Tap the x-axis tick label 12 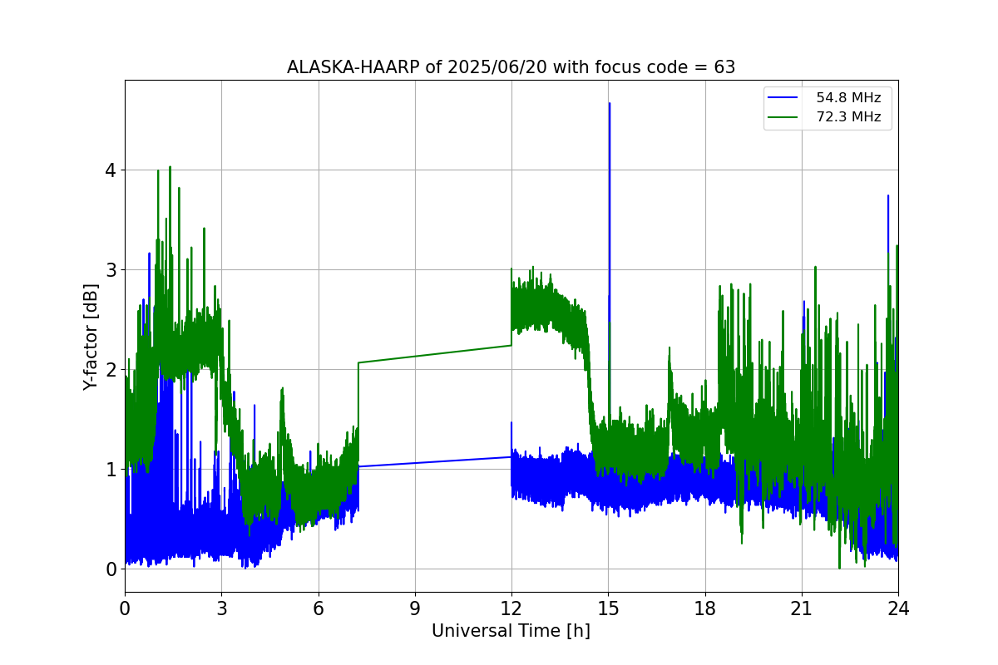(511, 608)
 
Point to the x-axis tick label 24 (898, 608)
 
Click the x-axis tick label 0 (125, 608)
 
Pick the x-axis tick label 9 (415, 608)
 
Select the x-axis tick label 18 (705, 608)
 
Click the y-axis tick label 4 (110, 170)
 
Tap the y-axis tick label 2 (110, 370)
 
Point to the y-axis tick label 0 (110, 569)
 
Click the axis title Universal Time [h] (511, 631)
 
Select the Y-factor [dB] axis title (91, 337)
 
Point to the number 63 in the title (724, 67)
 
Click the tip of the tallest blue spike (610, 104)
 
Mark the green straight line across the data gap (435, 354)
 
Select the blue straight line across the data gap (435, 462)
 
